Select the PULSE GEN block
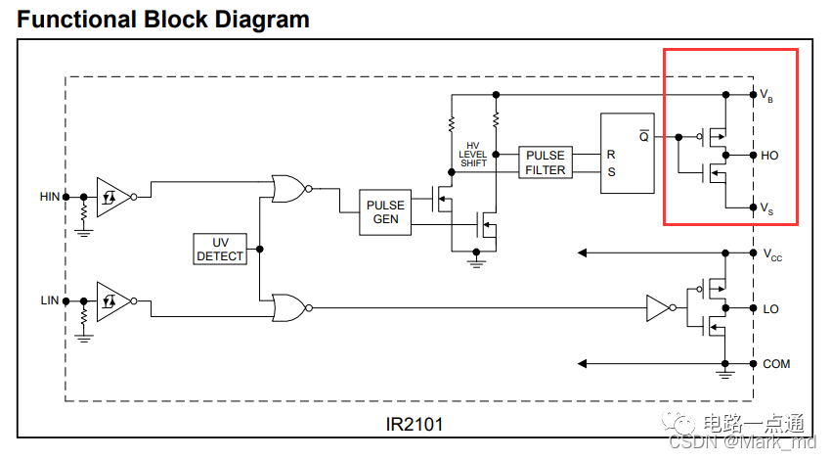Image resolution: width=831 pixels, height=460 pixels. tap(385, 212)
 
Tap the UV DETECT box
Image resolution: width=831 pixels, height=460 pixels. tap(221, 249)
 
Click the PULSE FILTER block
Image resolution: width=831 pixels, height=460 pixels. tap(546, 162)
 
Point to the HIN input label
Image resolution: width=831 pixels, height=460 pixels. tap(50, 197)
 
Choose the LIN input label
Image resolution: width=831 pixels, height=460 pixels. tap(50, 299)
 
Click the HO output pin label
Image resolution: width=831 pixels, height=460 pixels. tap(770, 156)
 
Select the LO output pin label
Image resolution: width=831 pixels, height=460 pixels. tap(770, 308)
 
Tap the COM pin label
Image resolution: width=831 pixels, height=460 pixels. tap(776, 364)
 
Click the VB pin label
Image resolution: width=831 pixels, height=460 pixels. tap(768, 96)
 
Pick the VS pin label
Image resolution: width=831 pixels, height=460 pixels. tap(768, 207)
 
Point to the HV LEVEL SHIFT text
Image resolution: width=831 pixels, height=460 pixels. tap(473, 155)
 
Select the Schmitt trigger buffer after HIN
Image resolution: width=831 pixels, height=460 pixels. tap(111, 196)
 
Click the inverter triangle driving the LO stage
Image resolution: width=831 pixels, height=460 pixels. tap(655, 308)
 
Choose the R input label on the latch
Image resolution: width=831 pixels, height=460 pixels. tap(611, 155)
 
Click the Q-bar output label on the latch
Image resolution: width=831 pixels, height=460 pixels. tap(643, 136)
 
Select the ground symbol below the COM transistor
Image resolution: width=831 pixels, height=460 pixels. tap(724, 373)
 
